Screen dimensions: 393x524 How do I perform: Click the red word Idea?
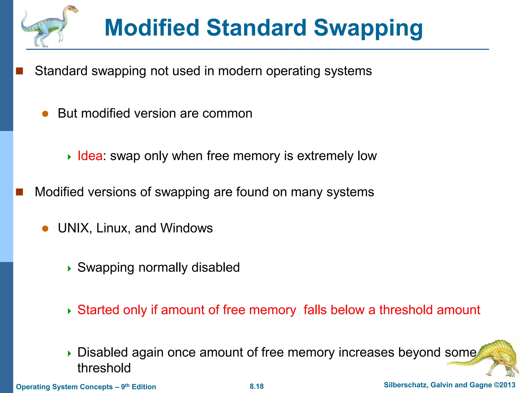click(90, 156)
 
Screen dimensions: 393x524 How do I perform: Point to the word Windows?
click(187, 228)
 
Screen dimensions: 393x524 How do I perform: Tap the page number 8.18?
click(257, 386)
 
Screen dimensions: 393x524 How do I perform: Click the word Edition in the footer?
click(144, 387)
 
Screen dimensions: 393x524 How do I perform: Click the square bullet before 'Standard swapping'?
click(19, 71)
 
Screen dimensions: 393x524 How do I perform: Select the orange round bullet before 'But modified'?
click(45, 114)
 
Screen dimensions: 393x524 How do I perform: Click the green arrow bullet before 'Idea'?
click(69, 157)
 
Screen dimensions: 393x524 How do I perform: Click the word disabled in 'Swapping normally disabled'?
click(215, 267)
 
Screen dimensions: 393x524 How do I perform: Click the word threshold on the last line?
click(104, 368)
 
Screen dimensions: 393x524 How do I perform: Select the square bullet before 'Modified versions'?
click(19, 192)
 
